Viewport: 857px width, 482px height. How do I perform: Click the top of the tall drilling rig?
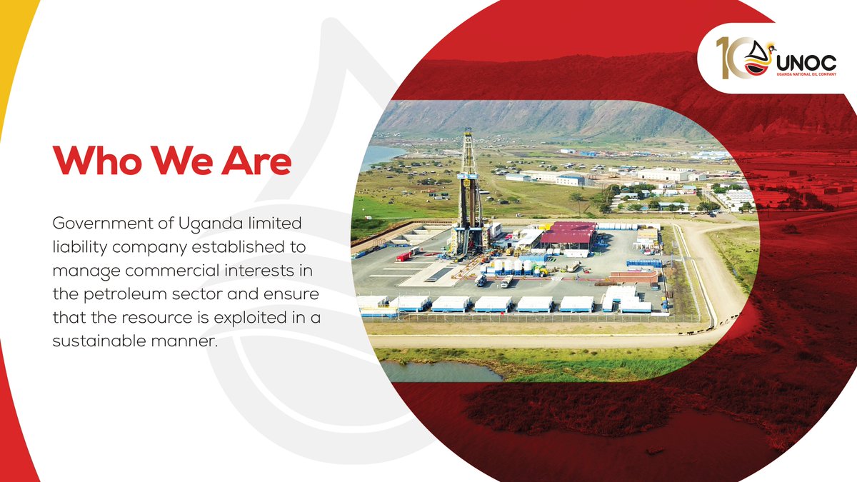[468, 133]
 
